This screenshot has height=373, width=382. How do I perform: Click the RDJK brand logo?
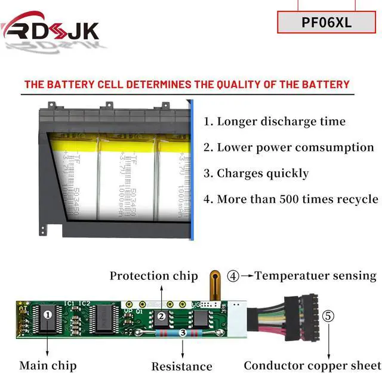tap(50, 27)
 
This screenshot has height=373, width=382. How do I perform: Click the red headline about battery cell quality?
tap(186, 84)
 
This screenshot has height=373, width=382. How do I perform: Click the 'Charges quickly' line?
tap(256, 174)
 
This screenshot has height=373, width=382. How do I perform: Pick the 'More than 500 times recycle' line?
tap(291, 199)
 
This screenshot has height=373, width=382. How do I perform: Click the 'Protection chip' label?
tap(153, 276)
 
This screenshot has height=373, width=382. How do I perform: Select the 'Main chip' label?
tap(48, 365)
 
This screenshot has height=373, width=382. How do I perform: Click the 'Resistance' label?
tap(181, 366)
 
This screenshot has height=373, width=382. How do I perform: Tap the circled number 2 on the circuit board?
tap(161, 317)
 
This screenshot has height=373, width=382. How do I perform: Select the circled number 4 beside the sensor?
tap(233, 276)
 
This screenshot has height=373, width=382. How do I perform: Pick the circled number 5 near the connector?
tap(328, 316)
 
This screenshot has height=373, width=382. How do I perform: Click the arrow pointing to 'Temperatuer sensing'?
tap(247, 276)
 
